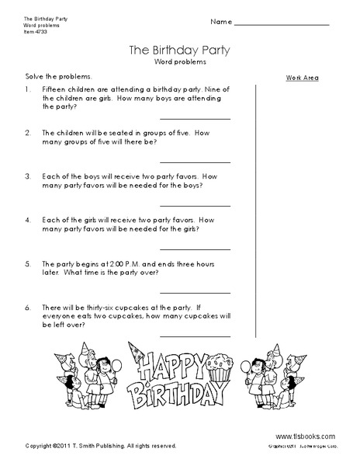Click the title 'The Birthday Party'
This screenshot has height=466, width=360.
coord(180,52)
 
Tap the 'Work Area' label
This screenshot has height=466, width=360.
coord(302,78)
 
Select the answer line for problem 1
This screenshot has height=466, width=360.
coord(196,118)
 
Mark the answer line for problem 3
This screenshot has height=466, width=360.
coord(196,205)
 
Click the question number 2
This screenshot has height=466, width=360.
coord(27,133)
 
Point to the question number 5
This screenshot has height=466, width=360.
coord(27,263)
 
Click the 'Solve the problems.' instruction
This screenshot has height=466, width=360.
coord(52,76)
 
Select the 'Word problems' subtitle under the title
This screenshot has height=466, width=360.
coord(180,63)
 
